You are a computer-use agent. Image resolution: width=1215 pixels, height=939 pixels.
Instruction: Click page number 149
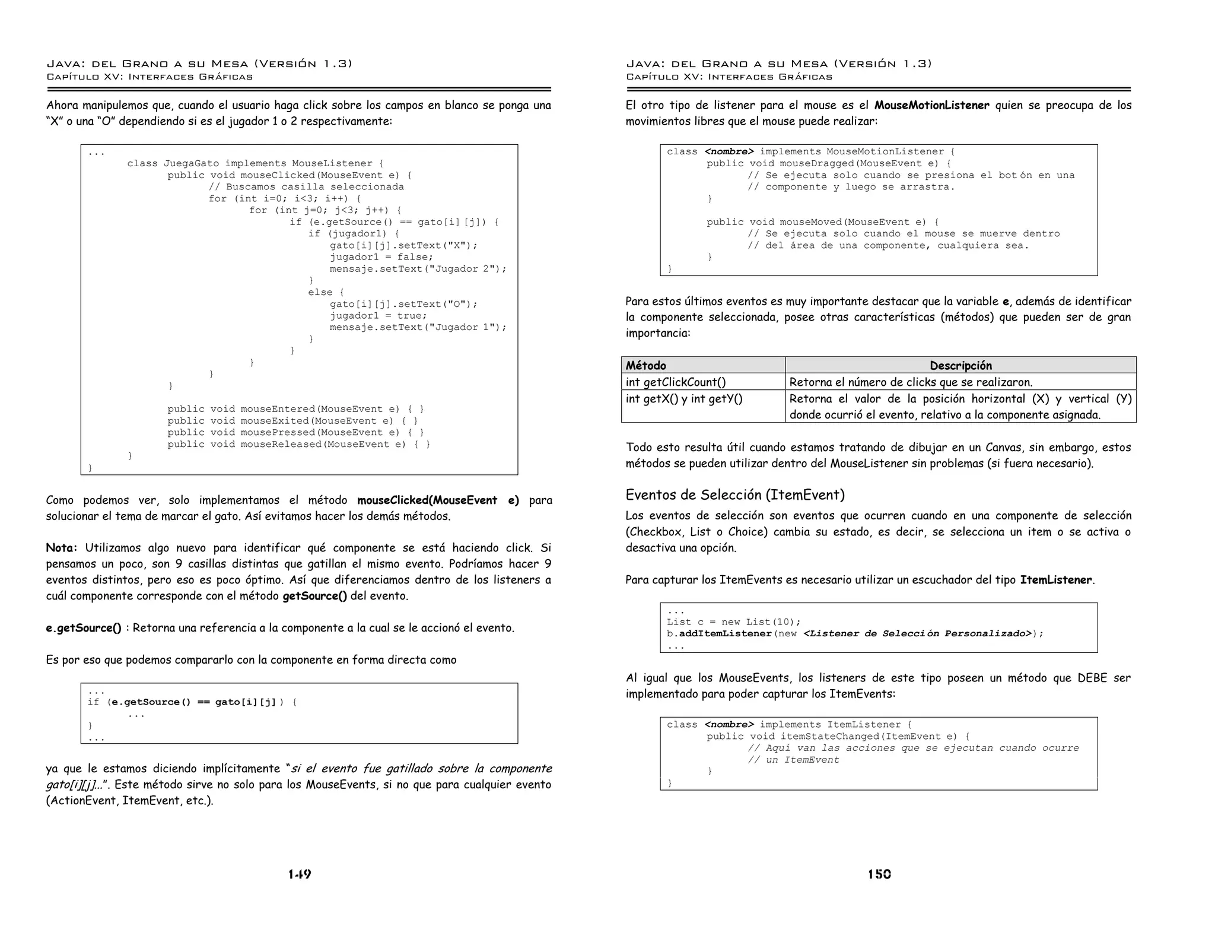coord(300,874)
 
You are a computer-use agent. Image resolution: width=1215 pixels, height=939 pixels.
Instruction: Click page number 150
coord(879,874)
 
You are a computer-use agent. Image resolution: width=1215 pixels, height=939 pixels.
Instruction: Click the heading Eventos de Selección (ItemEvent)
coord(734,494)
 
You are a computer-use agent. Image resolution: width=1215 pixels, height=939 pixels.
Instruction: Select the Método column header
coord(645,366)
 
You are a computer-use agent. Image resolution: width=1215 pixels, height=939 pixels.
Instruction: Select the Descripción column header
coord(960,366)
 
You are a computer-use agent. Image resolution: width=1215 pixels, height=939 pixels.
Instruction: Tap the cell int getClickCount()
coord(675,382)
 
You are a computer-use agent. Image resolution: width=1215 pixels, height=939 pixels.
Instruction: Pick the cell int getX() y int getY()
coord(683,399)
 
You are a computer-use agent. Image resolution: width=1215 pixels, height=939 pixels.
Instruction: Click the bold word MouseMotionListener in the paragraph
coord(931,106)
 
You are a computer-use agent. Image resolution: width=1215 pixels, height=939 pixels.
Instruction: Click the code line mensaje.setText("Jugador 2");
coord(418,269)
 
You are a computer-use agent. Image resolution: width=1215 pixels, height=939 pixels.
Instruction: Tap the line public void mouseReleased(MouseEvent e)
coord(298,444)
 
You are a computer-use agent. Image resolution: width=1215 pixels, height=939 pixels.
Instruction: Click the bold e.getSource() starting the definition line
coord(84,628)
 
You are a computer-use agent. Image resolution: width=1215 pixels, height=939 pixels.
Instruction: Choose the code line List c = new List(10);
coord(733,622)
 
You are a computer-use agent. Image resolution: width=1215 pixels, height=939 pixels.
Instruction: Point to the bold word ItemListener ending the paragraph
coord(1055,580)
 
